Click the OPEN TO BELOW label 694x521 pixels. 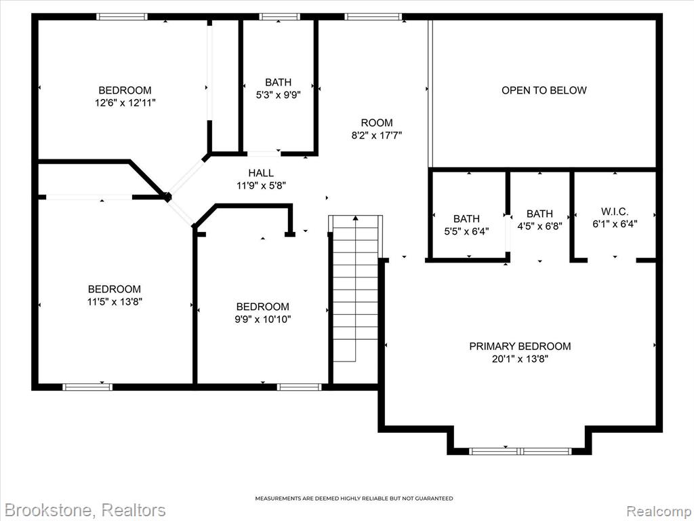tap(544, 90)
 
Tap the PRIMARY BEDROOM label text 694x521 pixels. tap(520, 346)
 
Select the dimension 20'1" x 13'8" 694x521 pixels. tap(520, 359)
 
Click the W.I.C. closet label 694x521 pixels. tap(615, 212)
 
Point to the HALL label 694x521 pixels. tap(261, 173)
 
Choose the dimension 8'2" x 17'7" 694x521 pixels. tap(377, 136)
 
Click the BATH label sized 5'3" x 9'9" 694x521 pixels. tap(279, 82)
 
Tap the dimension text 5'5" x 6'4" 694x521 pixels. tap(466, 231)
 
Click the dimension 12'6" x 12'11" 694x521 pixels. tap(125, 103)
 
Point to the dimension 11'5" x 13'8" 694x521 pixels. tap(115, 302)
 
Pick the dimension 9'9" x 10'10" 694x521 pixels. tap(263, 320)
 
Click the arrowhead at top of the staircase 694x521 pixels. tap(355, 218)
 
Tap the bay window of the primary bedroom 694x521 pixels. tap(520, 451)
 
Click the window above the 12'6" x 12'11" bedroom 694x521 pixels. tap(122, 17)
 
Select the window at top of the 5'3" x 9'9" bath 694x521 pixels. tap(280, 17)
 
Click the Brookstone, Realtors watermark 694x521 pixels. tap(85, 510)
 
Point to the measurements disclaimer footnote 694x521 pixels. tap(354, 499)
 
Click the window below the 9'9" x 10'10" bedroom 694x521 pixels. tap(299, 387)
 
